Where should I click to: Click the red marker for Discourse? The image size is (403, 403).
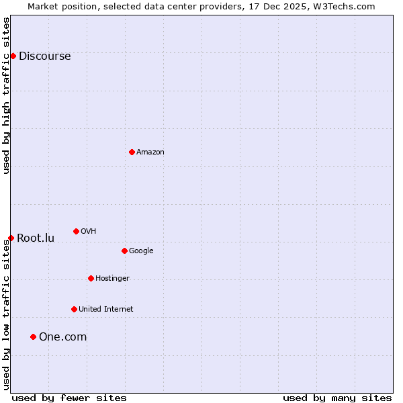[x=13, y=56]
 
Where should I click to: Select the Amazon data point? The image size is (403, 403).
[x=132, y=152]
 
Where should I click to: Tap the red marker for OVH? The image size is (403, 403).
[x=76, y=231]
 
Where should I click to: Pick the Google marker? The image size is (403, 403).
[x=124, y=251]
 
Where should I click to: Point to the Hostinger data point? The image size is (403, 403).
[x=91, y=278]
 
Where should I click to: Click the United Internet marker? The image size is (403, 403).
[x=74, y=309]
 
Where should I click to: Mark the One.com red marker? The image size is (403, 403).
[x=33, y=337]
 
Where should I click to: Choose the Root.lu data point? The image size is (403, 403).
[x=11, y=238]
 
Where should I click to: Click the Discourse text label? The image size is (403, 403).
[x=45, y=56]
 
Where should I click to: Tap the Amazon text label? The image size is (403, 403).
[x=150, y=152]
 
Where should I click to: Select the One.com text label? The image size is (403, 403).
[x=63, y=337]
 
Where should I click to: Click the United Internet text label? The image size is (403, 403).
[x=106, y=310]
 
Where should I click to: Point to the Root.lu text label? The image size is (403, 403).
[x=36, y=238]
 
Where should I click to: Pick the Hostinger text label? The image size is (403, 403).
[x=112, y=279]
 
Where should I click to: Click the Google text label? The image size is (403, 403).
[x=141, y=251]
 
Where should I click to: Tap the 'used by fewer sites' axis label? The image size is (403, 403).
[x=69, y=398]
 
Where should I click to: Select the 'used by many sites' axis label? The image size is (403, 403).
[x=337, y=398]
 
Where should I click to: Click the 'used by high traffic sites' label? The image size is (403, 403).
[x=6, y=95]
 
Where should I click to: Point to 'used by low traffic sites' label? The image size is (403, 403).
[x=6, y=314]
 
